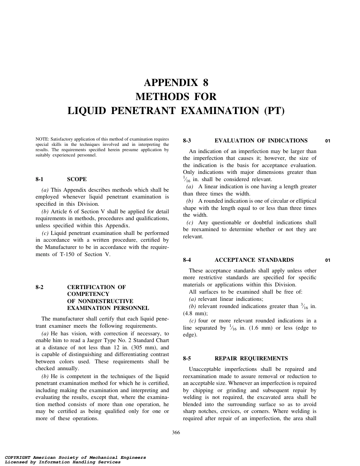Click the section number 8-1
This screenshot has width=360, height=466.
[40, 179]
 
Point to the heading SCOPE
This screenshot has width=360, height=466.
[77, 179]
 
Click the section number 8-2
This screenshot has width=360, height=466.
[40, 287]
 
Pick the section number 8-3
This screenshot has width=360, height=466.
[187, 141]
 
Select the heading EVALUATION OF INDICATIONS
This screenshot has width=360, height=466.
[261, 141]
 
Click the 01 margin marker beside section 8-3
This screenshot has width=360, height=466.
[328, 141]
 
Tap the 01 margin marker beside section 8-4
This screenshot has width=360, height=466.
[328, 260]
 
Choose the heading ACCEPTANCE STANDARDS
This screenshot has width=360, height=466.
[254, 260]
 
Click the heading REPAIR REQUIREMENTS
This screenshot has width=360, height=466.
[251, 358]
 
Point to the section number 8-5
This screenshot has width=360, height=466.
[187, 358]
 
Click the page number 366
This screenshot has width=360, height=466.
[176, 433]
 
